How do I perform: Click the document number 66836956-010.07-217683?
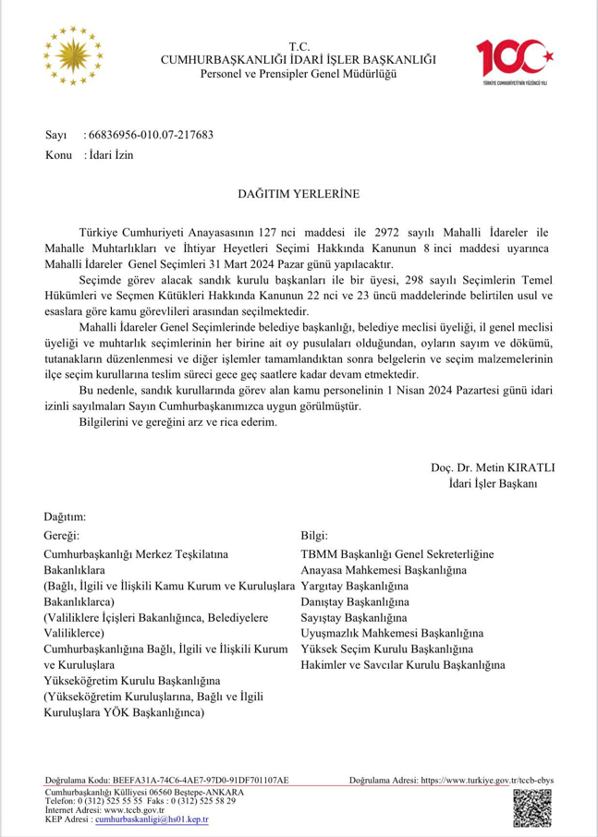point(149,135)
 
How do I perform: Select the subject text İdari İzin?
point(111,155)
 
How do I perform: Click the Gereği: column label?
point(62,535)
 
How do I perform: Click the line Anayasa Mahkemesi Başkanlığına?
point(384,570)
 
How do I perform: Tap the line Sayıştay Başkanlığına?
point(354,617)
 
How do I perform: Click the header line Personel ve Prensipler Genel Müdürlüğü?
point(299,73)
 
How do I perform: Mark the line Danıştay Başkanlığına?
point(355,601)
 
